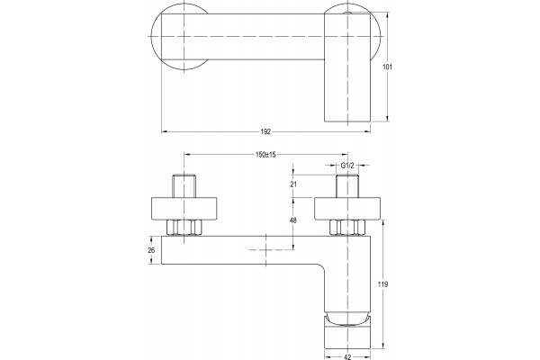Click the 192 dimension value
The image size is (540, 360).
(265, 131)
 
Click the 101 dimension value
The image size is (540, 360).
(387, 67)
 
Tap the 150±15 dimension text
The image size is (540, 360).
(265, 155)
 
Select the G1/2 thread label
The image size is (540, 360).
(347, 166)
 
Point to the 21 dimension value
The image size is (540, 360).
(293, 184)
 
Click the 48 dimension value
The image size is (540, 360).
(293, 220)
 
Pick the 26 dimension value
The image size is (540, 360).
(151, 250)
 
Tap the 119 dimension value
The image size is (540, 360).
(382, 284)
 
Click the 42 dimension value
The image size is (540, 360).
(347, 357)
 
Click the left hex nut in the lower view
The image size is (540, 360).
(184, 228)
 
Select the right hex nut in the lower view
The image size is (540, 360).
(347, 228)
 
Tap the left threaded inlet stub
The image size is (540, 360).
(184, 186)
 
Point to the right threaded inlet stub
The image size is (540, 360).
(347, 186)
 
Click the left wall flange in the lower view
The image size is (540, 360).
(184, 209)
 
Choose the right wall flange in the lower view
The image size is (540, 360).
(347, 209)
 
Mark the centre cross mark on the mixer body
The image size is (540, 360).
(265, 250)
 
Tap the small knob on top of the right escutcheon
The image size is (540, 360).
(347, 13)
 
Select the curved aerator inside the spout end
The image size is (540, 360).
(347, 319)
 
